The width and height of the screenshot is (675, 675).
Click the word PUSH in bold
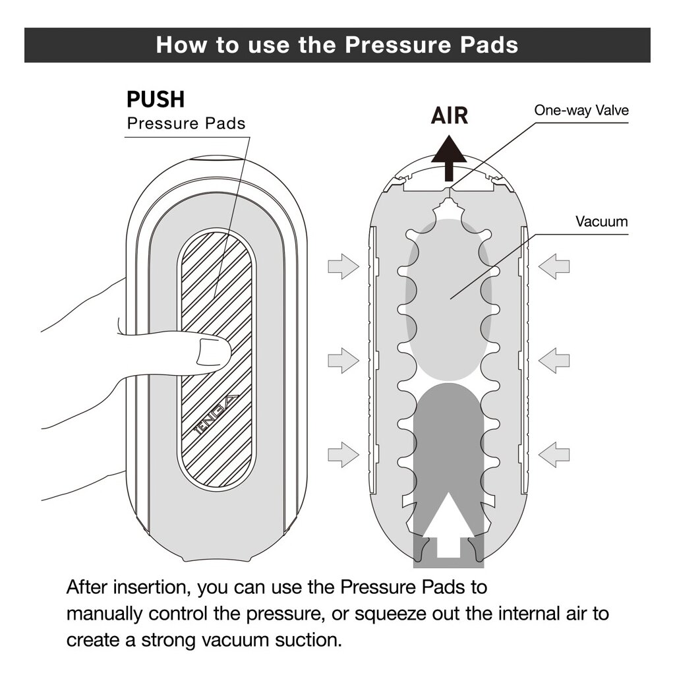(x=156, y=100)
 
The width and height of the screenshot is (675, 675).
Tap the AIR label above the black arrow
(x=450, y=116)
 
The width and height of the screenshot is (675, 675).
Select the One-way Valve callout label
(x=581, y=110)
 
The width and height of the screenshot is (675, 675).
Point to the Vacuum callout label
(x=601, y=221)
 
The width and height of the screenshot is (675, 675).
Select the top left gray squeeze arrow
(x=343, y=266)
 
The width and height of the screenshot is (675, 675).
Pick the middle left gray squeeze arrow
(x=343, y=360)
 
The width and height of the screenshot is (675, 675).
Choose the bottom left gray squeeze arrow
(x=343, y=454)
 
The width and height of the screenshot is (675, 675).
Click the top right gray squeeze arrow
(x=554, y=266)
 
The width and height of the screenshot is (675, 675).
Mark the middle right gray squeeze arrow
(x=554, y=360)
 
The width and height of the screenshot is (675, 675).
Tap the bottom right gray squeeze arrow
(x=554, y=454)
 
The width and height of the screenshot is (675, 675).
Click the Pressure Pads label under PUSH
(x=186, y=123)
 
